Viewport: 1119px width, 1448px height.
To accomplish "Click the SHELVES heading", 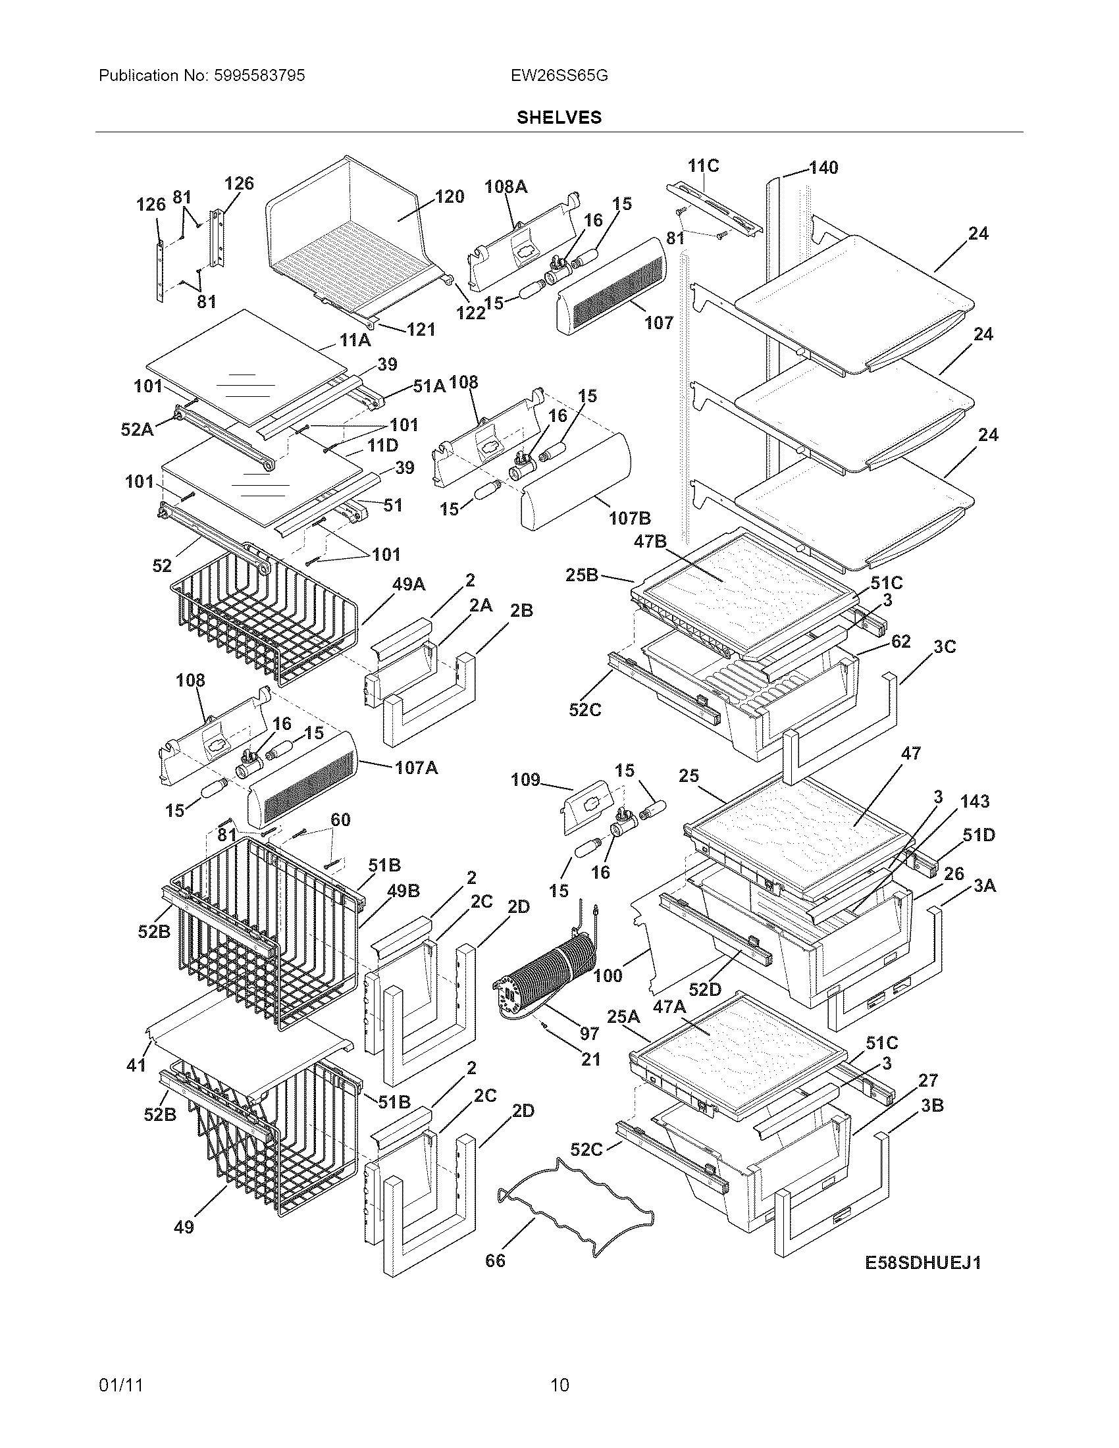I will [559, 117].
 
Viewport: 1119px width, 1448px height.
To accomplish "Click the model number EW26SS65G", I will [559, 76].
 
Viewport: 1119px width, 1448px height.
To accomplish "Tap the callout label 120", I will [450, 196].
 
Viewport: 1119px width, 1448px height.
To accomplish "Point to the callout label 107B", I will [630, 518].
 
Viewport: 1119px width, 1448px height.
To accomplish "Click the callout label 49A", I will [409, 584].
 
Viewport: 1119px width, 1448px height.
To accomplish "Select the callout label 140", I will [823, 168].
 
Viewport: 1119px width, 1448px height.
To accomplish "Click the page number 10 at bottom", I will [560, 1384].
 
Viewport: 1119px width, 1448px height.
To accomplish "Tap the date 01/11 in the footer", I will [121, 1384].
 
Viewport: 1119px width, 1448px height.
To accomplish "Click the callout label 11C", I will [704, 165].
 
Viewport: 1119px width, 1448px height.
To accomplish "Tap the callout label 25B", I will [582, 575].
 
